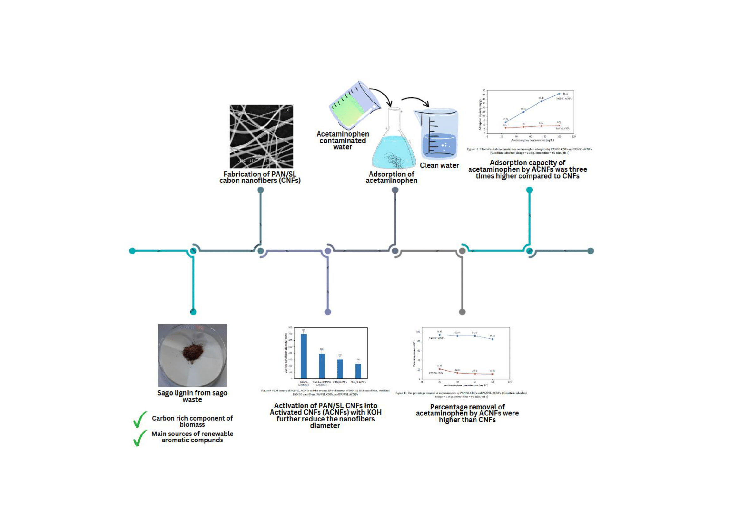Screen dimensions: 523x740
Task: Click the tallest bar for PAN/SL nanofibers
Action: point(303,356)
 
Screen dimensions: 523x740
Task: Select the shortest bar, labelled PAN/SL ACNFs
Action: point(358,371)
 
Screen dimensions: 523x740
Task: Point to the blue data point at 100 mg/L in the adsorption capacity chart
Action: point(559,94)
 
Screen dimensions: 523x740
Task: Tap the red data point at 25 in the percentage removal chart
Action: point(440,369)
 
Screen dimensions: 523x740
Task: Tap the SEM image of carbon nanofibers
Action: point(261,136)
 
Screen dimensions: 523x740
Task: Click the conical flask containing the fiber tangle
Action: point(393,145)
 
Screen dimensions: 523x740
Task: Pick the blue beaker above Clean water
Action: point(438,135)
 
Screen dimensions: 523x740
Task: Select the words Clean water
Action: point(439,165)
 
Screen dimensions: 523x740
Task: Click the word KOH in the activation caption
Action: point(374,413)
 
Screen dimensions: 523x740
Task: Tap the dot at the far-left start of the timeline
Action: point(132,251)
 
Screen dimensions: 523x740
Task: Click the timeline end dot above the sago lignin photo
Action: point(193,312)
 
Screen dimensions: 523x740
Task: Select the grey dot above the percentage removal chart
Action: point(462,312)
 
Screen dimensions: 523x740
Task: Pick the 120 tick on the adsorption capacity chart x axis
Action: point(574,137)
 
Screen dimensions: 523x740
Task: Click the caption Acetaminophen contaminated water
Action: point(343,140)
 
